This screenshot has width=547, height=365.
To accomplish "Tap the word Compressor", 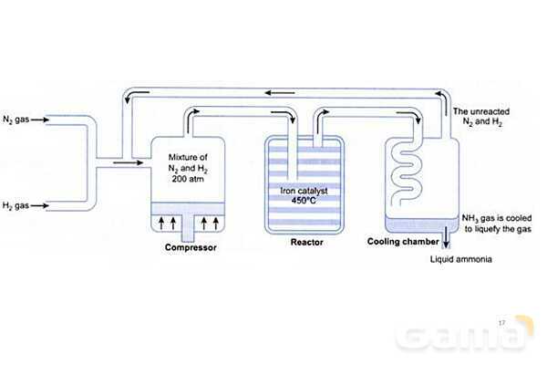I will coord(191,247).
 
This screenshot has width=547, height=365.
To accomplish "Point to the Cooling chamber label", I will coord(400,242).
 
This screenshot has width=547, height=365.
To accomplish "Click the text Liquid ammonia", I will coord(461,260).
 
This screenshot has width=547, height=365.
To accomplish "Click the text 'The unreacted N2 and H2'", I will coord(480,117).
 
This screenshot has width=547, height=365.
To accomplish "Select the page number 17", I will coord(502,321).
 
